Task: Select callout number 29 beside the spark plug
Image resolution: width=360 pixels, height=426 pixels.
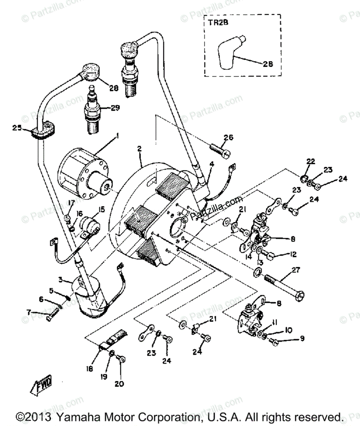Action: pos(115,108)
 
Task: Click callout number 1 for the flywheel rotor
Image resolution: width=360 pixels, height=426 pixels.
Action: pos(118,135)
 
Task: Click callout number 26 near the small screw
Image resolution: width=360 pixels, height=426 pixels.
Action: pos(229,137)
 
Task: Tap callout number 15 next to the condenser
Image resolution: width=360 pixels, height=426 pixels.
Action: pos(101,209)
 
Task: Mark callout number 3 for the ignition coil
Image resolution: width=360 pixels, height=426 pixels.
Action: pos(60,280)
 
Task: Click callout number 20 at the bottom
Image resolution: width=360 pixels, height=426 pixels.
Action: pos(119,384)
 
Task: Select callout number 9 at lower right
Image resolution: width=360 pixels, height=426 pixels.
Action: pos(302,339)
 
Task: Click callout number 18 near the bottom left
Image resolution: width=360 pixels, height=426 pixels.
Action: pos(89,369)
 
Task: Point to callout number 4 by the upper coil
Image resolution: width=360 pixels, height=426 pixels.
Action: pos(212,164)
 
